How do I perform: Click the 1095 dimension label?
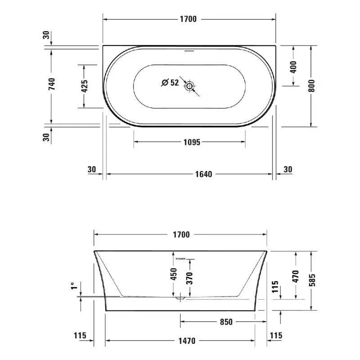[191, 142]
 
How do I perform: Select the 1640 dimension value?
[204, 174]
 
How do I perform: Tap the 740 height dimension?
[52, 84]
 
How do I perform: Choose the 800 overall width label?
[311, 85]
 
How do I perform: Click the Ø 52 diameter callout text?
[170, 82]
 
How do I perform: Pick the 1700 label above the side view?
[180, 234]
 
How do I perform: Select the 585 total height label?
[311, 280]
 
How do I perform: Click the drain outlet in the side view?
[180, 298]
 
